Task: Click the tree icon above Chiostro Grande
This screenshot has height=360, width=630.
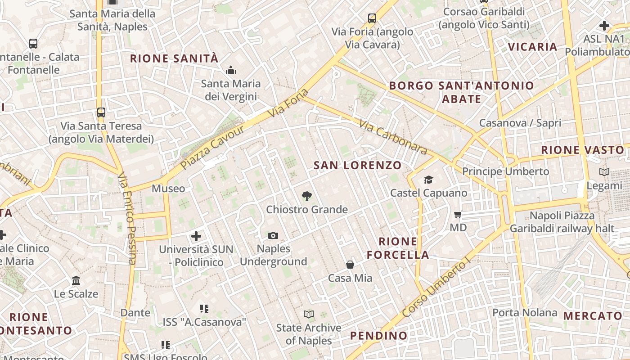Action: coord(306,196)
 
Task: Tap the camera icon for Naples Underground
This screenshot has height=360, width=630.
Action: coord(273,235)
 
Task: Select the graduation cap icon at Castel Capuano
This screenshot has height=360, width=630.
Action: coord(428,180)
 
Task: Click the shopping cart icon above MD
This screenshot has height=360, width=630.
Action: coord(458,214)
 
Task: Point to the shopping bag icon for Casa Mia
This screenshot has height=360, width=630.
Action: coord(350,265)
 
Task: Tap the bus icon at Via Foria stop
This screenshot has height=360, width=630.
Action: coord(372,18)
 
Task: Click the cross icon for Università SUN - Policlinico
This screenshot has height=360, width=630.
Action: coord(196,236)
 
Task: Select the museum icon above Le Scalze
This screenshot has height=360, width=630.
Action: coord(76,280)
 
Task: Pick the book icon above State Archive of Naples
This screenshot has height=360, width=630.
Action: coord(309,314)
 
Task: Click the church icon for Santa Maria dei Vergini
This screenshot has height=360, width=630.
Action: coord(231,70)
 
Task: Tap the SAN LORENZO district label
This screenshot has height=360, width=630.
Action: coord(357,165)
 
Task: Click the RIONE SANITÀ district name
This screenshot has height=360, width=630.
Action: coord(174,58)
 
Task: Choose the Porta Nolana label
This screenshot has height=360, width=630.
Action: coord(525,312)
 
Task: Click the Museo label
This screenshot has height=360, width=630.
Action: coord(168,188)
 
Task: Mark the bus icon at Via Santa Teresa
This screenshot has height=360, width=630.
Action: coord(101,112)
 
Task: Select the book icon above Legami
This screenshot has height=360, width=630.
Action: coord(604,172)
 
